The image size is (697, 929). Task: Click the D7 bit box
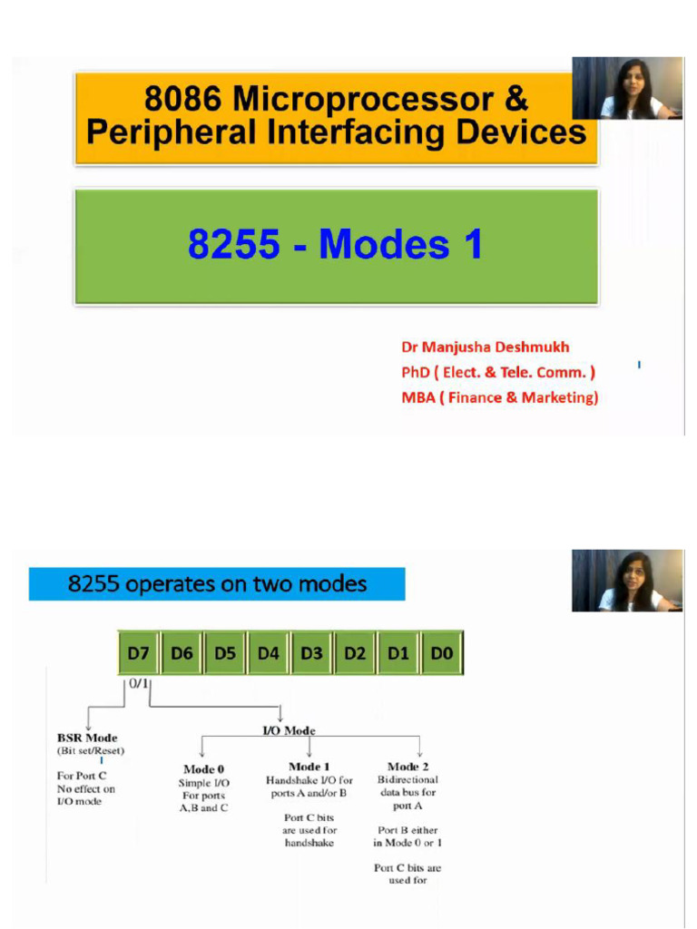139,652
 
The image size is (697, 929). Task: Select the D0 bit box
442,652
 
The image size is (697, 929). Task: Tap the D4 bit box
269,652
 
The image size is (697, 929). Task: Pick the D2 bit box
356,652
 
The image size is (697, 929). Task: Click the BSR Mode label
87,738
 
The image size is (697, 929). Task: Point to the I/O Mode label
289,730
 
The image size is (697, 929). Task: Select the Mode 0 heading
204,769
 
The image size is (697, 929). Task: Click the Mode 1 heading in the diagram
309,767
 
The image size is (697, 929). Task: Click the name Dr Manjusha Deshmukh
486,347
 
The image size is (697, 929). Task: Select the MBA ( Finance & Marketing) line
499,397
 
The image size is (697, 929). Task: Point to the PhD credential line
498,372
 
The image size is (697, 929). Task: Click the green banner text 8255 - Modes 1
336,245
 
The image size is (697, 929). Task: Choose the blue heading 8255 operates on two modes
217,584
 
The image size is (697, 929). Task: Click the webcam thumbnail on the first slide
627,89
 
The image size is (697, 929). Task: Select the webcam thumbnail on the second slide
627,581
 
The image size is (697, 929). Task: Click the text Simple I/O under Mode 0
204,783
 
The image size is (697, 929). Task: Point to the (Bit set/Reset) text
90,750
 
